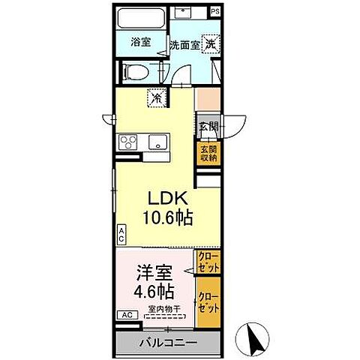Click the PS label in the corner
pyautogui.click(x=215, y=11)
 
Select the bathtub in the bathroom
pyautogui.click(x=140, y=19)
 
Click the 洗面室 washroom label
pyautogui.click(x=184, y=44)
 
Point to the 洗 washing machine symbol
pyautogui.click(x=212, y=43)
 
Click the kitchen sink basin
pyautogui.click(x=157, y=142)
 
